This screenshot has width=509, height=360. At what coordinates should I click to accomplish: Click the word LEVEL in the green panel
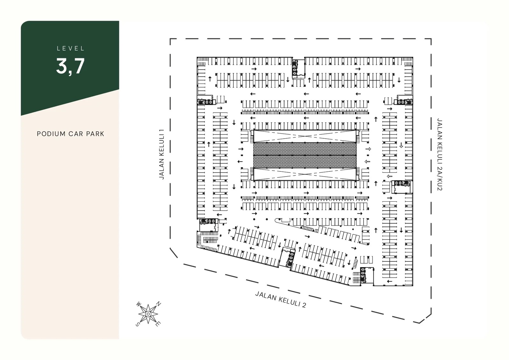(71, 49)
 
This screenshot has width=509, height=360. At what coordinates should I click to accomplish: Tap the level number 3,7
(70, 66)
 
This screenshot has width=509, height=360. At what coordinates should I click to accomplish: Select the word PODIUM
(51, 134)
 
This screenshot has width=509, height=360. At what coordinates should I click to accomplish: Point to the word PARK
(95, 134)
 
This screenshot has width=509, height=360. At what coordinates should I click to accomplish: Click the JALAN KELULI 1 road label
(162, 154)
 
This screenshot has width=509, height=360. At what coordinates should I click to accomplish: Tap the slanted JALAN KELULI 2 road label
(280, 299)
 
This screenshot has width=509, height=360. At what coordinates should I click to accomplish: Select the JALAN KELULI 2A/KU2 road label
(440, 155)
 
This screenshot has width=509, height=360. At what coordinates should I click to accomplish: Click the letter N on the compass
(159, 304)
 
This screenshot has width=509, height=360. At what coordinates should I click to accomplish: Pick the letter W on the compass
(139, 304)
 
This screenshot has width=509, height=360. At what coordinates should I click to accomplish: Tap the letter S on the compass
(137, 324)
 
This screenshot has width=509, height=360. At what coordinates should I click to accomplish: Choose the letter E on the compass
(158, 324)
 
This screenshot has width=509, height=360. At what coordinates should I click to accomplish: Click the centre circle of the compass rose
(148, 314)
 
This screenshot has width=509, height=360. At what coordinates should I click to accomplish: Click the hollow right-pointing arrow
(368, 149)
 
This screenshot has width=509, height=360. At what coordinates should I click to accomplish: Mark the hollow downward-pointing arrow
(401, 145)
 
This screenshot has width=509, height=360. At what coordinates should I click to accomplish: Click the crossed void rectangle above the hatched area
(305, 136)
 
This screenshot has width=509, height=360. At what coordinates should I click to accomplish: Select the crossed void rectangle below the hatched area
(305, 174)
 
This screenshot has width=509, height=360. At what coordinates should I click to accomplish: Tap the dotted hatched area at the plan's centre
(305, 155)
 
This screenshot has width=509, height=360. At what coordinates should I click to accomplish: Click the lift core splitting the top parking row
(294, 67)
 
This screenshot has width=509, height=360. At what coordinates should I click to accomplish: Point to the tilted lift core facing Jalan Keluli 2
(289, 258)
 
